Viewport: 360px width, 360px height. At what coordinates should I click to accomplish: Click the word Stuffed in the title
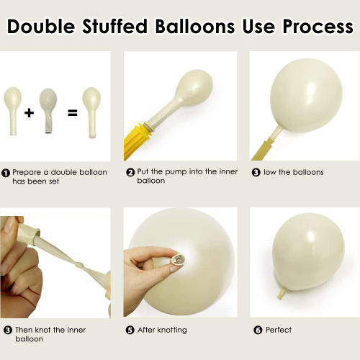[x=115, y=26]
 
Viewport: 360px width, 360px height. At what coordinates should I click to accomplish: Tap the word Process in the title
[x=318, y=26]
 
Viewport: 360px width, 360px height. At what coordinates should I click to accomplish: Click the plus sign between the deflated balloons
[x=29, y=112]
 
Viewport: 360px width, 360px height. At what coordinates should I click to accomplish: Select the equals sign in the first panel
[x=73, y=113]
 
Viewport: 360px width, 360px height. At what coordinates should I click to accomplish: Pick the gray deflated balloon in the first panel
[x=48, y=110]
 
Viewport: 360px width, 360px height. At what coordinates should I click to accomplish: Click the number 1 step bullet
[x=6, y=173]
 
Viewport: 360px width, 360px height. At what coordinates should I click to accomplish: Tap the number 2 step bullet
[x=130, y=172]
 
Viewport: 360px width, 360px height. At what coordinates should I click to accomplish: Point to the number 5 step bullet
[x=130, y=330]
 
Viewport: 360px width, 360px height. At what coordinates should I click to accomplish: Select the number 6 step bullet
[x=258, y=330]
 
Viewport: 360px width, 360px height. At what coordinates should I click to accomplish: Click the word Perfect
[x=279, y=330]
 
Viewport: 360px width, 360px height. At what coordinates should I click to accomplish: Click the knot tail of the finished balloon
[x=282, y=293]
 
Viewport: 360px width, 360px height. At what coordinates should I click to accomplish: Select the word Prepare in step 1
[x=27, y=173]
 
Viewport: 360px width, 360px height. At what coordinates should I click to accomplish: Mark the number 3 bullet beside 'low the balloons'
[x=256, y=173]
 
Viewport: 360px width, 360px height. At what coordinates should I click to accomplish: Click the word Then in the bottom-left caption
[x=24, y=330]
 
